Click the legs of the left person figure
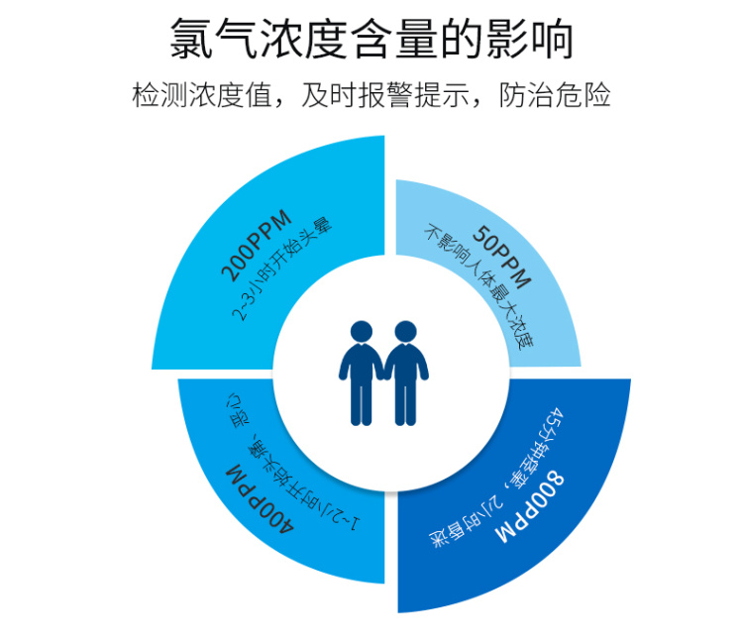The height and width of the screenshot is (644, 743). point(361,401)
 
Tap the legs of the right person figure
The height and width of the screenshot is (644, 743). point(405,401)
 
